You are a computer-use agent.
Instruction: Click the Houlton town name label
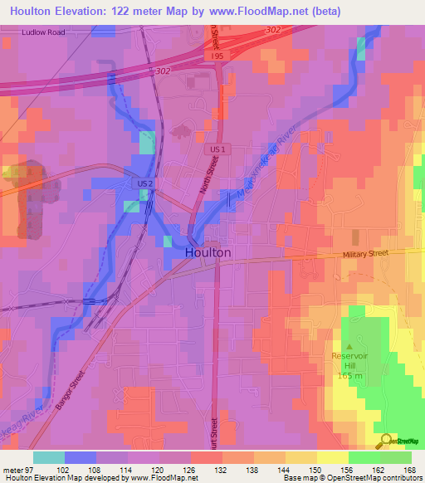pyautogui.click(x=208, y=252)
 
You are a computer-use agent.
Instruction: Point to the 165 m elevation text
pyautogui.click(x=350, y=376)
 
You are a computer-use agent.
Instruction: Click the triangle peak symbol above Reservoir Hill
pyautogui.click(x=349, y=347)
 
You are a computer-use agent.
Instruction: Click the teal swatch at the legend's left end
pyautogui.click(x=48, y=456)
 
